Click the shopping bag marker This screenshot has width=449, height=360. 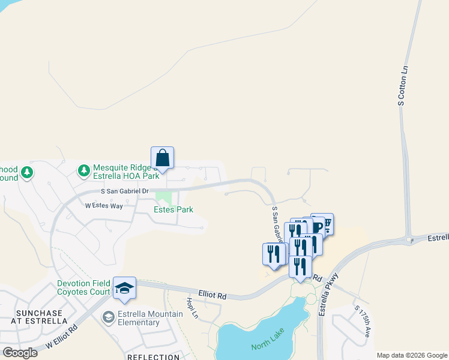coord(162,159)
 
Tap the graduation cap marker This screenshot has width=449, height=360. coord(124,289)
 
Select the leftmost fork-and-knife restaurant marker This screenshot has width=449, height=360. coord(274,254)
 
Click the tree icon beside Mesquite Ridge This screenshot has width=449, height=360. coord(84,172)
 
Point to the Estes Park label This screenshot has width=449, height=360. coord(173,209)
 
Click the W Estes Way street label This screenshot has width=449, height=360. coord(104,206)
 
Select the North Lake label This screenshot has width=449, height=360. coord(267,346)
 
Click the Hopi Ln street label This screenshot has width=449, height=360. coord(192,307)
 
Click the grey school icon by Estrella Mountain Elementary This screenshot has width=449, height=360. coord(108,317)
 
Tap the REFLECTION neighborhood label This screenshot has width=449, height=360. coord(153,357)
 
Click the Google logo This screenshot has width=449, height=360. coord(20,352)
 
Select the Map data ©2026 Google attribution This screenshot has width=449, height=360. coord(412,355)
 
